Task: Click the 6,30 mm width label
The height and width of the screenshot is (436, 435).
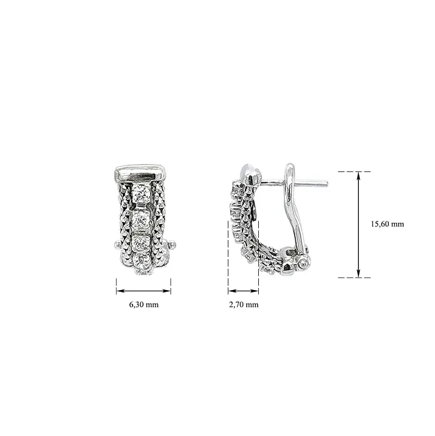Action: [144, 304]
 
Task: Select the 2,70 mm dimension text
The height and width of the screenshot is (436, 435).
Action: [244, 304]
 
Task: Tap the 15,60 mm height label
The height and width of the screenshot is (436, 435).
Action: [387, 224]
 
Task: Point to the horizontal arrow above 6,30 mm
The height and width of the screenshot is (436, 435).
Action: [144, 291]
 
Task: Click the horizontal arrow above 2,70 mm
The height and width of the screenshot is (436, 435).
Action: [244, 291]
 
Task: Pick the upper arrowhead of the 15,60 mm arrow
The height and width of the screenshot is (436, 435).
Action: [359, 175]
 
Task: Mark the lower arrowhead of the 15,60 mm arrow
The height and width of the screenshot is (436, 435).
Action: [359, 274]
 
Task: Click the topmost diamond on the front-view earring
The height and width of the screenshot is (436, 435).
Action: [142, 193]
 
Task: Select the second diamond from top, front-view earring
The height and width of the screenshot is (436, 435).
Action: [141, 220]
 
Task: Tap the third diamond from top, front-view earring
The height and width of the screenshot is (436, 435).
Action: [141, 243]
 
